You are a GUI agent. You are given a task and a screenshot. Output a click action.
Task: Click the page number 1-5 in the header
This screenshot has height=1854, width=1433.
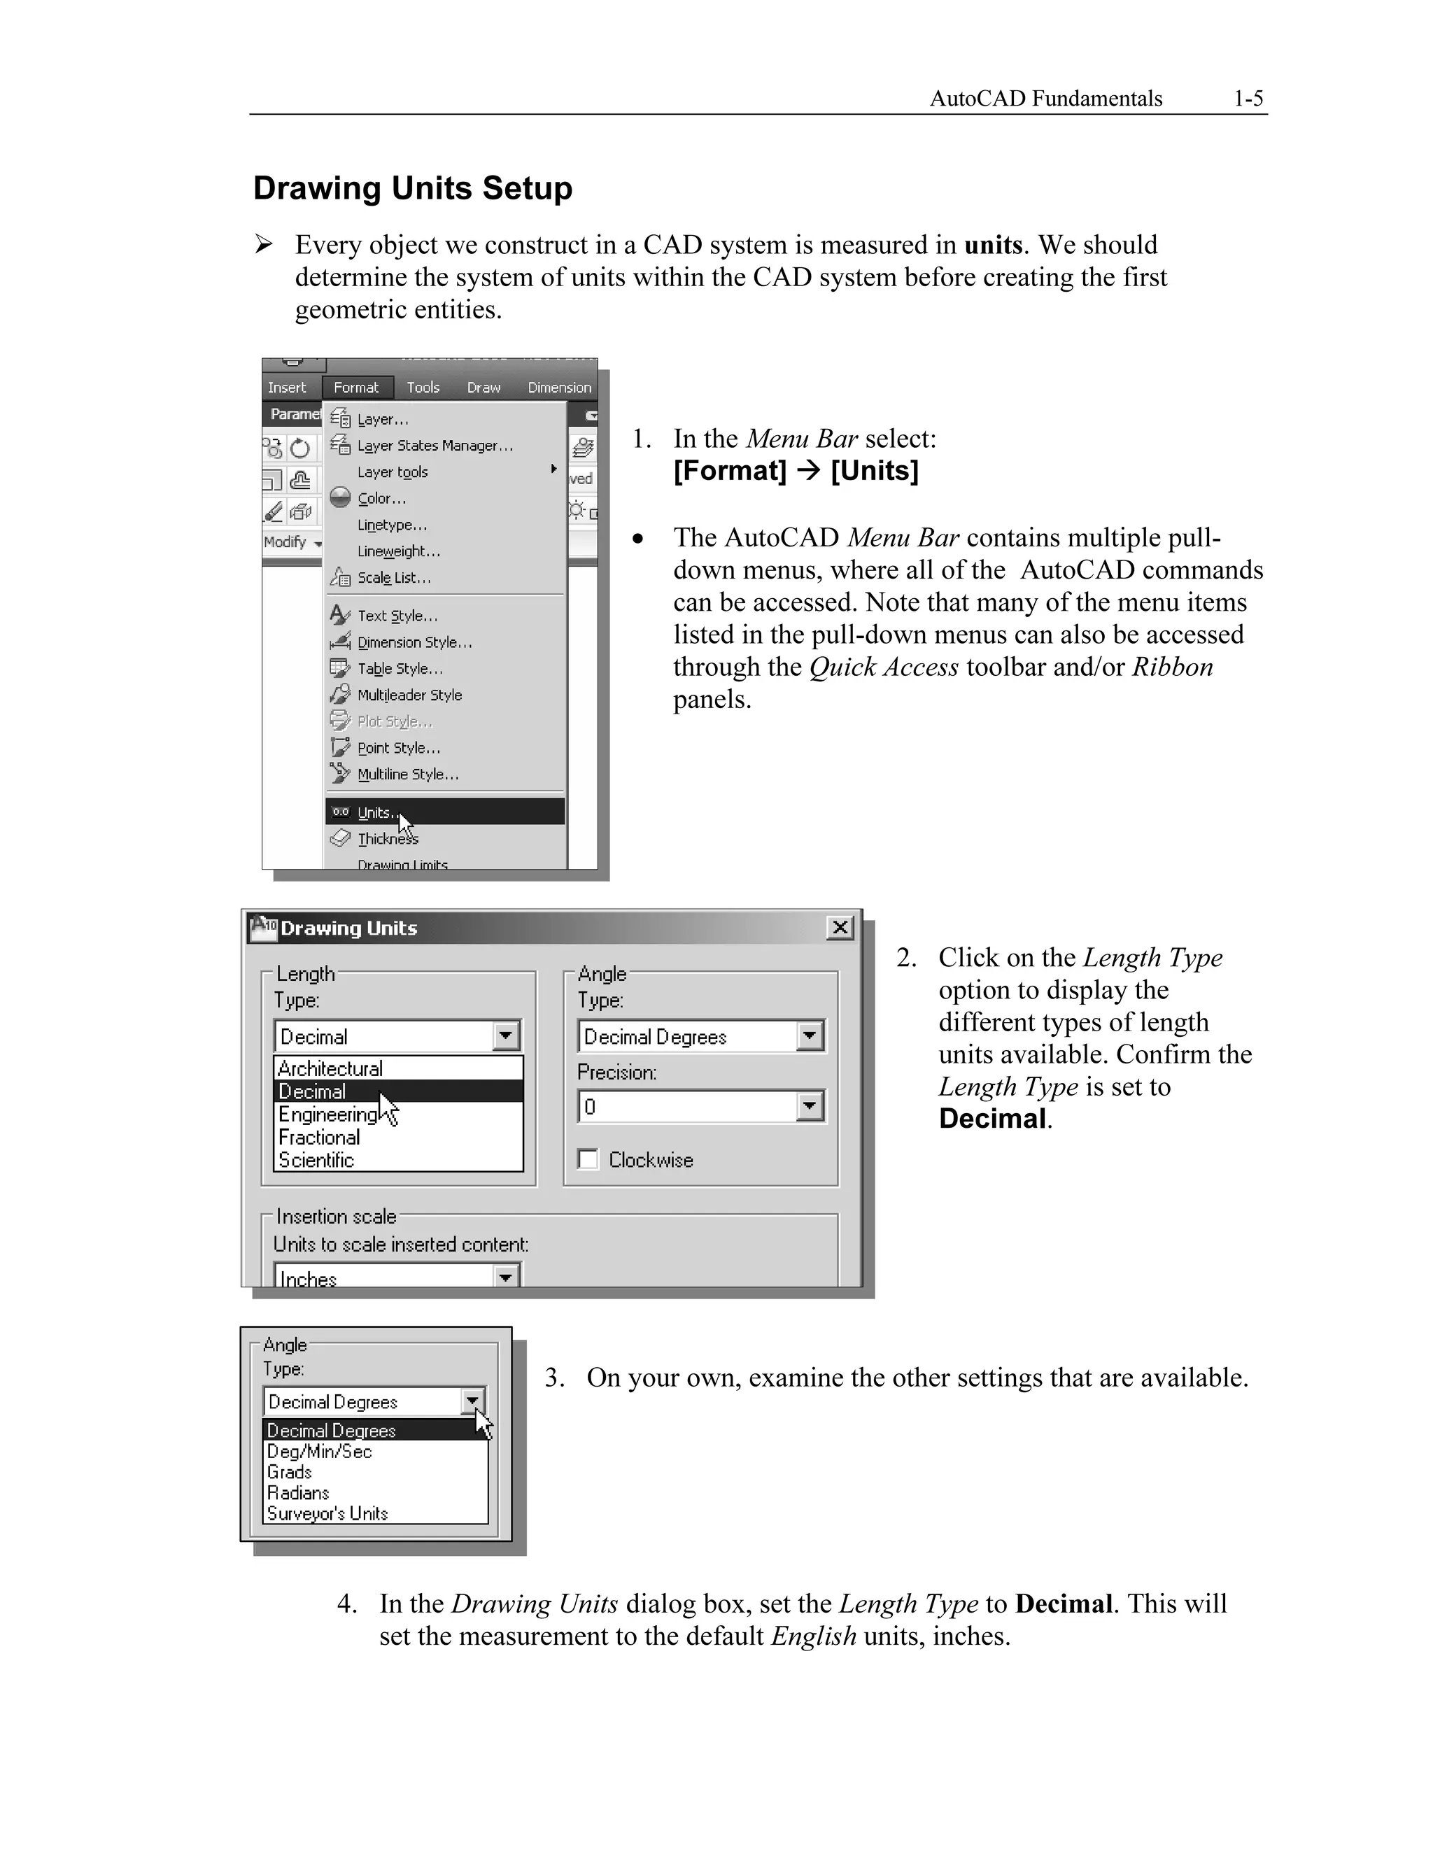coord(1248,99)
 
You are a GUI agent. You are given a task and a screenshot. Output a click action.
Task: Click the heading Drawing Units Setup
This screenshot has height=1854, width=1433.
coord(413,188)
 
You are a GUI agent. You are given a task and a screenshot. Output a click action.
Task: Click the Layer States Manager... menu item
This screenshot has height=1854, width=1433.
coord(435,446)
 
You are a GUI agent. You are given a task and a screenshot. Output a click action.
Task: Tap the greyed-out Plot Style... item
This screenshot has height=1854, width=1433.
coord(395,721)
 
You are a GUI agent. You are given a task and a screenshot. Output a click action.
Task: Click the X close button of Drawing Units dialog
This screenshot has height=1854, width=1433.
coord(840,928)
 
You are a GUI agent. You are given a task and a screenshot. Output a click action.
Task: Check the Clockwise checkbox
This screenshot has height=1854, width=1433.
coord(588,1159)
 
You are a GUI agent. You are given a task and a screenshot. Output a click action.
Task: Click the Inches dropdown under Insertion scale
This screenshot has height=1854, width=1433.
coord(506,1277)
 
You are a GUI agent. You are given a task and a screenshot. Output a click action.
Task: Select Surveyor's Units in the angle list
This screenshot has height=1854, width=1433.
coord(327,1513)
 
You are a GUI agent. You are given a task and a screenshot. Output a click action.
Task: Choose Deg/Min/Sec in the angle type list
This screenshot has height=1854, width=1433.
coord(319,1452)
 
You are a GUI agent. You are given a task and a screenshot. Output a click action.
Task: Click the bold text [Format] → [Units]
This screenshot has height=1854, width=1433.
coord(796,471)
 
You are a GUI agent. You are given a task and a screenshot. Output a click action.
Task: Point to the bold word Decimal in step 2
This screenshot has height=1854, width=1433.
coord(991,1119)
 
